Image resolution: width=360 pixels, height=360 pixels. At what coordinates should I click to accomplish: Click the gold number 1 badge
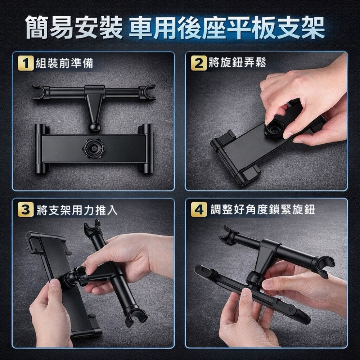(x=26, y=63)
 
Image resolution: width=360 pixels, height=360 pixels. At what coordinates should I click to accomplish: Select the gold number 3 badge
(x=26, y=210)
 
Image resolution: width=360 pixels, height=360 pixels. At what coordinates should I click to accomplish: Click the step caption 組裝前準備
(x=64, y=63)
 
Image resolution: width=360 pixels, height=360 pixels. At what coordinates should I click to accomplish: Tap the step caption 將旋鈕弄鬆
(x=237, y=62)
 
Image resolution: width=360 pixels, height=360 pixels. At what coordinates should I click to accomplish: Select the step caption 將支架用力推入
(x=77, y=210)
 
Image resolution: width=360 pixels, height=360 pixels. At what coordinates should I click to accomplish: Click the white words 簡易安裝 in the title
(x=74, y=27)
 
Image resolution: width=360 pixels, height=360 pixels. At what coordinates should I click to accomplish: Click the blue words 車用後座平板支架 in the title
(x=226, y=27)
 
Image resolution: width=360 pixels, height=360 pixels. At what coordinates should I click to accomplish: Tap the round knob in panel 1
(x=94, y=148)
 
